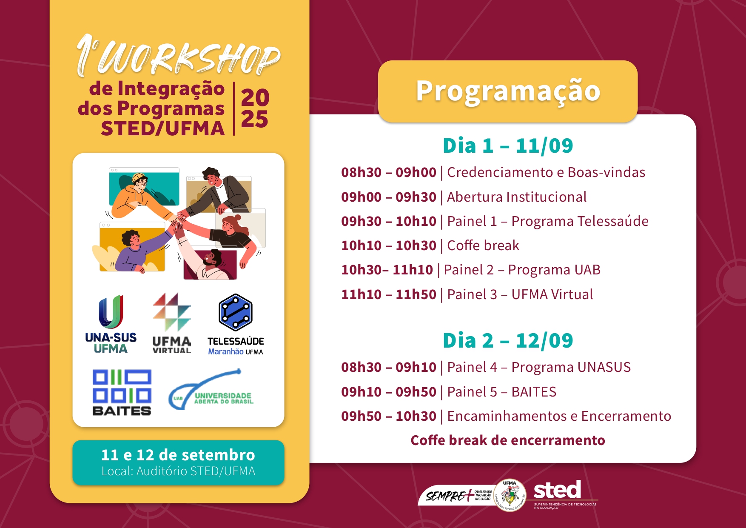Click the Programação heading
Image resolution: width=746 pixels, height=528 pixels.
508,91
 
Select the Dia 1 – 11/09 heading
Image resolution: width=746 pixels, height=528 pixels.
508,146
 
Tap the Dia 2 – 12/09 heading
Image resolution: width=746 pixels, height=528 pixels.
508,341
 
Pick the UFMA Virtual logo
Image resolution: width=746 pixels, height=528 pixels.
172,323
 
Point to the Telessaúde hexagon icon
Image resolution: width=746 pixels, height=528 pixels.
236,312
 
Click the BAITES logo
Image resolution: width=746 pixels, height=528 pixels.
122,392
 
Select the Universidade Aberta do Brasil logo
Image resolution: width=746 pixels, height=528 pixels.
211,390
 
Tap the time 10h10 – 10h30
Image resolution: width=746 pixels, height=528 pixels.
389,245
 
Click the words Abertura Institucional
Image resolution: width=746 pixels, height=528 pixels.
517,197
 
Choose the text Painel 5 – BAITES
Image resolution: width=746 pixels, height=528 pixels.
501,392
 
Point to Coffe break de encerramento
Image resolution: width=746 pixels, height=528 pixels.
508,440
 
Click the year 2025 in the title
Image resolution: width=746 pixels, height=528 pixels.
255,108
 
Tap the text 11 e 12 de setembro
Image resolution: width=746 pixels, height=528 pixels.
178,455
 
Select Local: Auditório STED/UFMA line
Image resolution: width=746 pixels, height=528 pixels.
178,471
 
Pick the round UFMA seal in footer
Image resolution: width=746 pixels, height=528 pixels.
510,496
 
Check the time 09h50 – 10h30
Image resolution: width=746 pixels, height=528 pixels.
389,416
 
